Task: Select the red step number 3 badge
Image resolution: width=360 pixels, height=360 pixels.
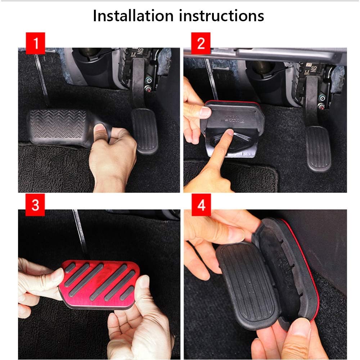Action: click(x=35, y=206)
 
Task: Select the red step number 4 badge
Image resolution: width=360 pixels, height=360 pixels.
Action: click(x=201, y=206)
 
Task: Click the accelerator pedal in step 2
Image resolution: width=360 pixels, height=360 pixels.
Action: click(x=318, y=148)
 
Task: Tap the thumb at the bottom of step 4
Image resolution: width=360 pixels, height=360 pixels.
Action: click(x=299, y=333)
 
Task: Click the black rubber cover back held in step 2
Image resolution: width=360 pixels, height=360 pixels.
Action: click(x=230, y=119)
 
